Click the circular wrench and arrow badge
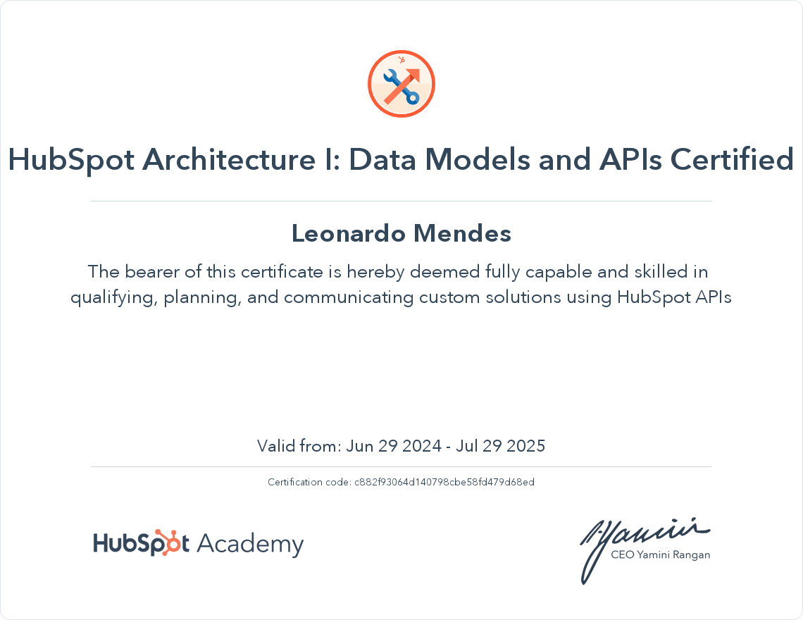pyautogui.click(x=401, y=85)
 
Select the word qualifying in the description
pyautogui.click(x=112, y=297)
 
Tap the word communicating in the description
pyautogui.click(x=349, y=297)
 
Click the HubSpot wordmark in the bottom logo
pyautogui.click(x=141, y=544)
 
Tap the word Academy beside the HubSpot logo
pyautogui.click(x=249, y=545)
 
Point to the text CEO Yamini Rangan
pyautogui.click(x=660, y=554)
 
